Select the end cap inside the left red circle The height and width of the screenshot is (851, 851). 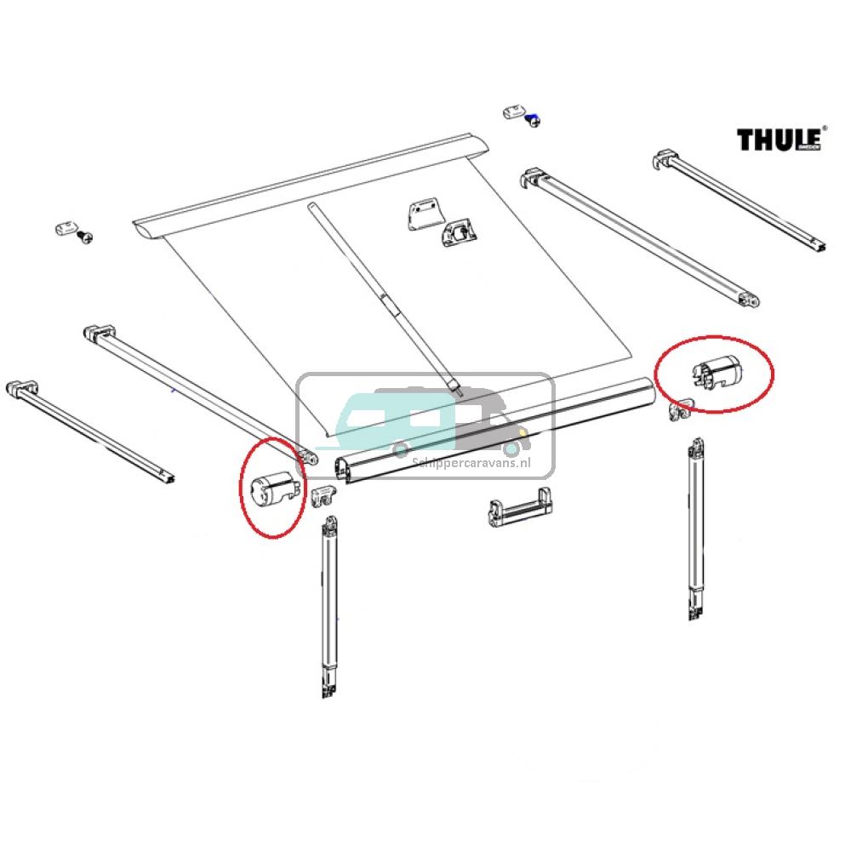tap(273, 488)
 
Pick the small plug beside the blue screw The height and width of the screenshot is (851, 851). tap(515, 111)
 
